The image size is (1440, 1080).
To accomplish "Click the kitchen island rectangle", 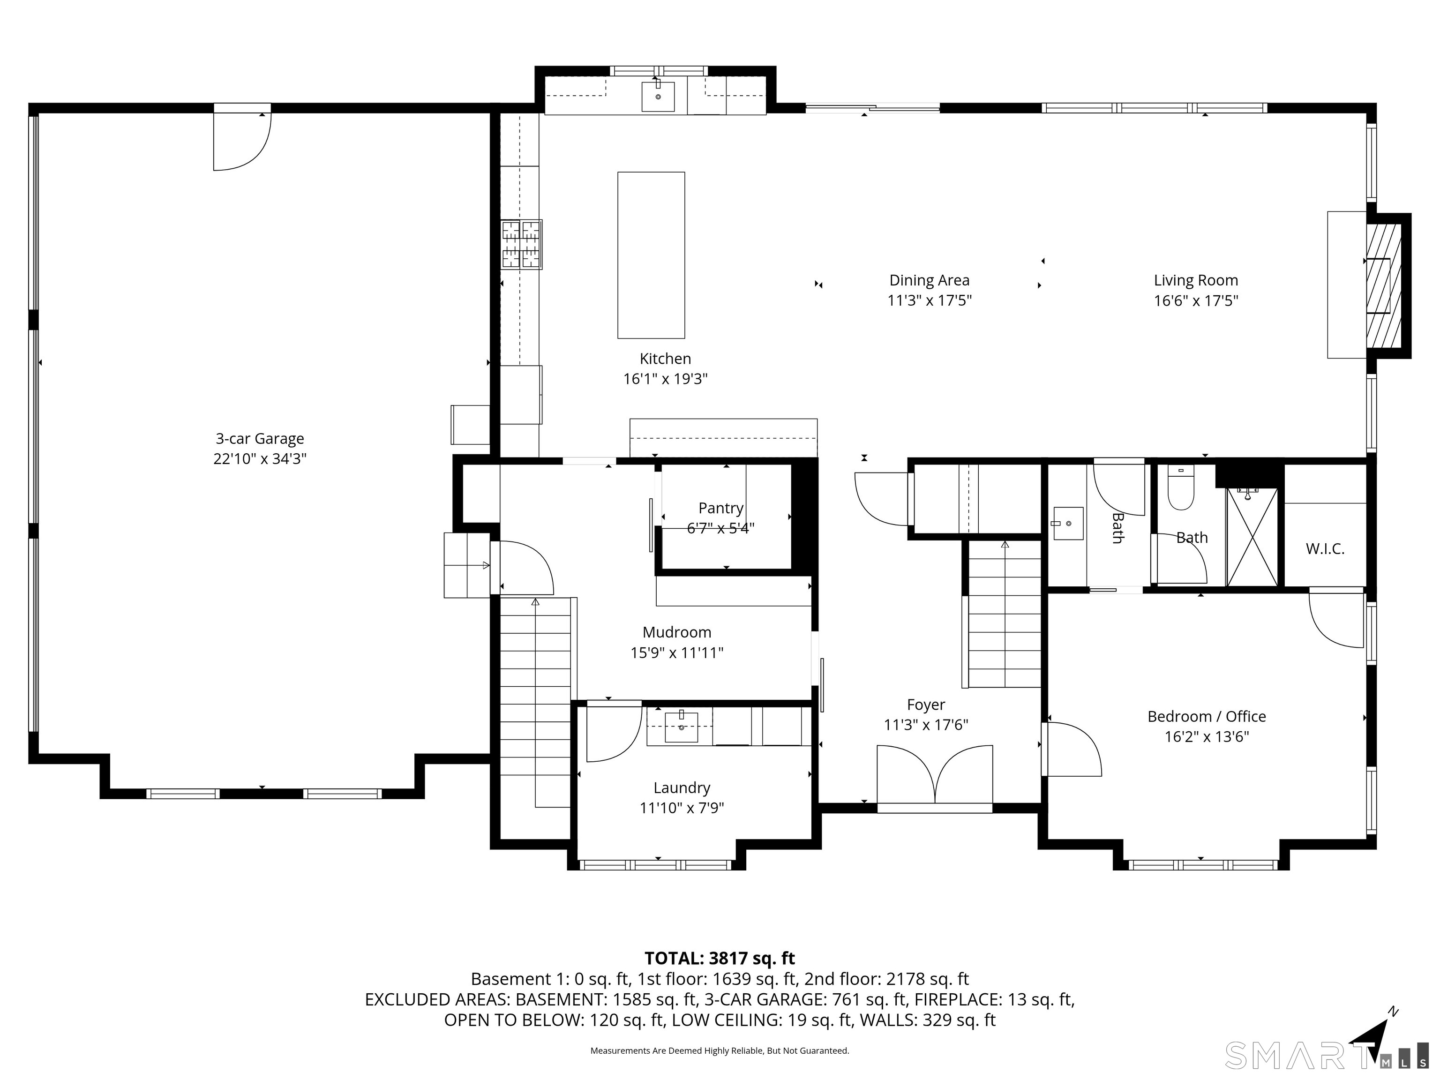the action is [x=651, y=255].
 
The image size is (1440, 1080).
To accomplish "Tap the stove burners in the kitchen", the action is [x=521, y=244].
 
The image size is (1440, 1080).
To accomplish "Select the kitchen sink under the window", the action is [x=658, y=97].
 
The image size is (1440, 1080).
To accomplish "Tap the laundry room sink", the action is [x=681, y=727].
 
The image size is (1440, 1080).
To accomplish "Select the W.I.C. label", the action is [x=1325, y=549].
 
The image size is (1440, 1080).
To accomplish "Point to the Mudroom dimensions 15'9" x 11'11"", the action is [x=677, y=652].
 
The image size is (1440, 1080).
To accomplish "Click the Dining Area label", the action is [x=929, y=281].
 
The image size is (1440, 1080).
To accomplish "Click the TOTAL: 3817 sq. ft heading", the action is [x=720, y=958].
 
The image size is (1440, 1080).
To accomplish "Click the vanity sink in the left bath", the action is [x=1068, y=524].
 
